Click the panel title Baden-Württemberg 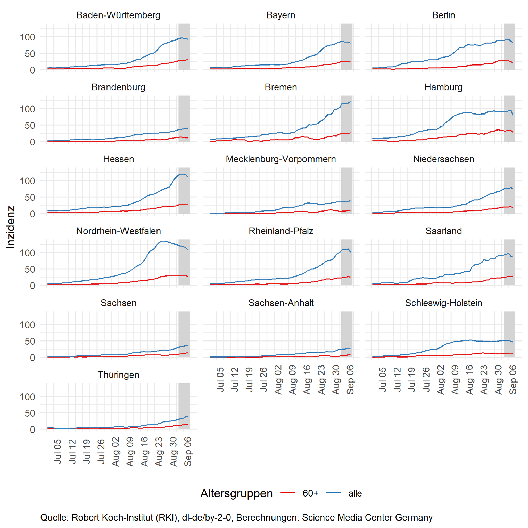point(118,15)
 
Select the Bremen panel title point(281,87)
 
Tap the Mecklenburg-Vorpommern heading point(281,159)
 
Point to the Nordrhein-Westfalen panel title point(118,231)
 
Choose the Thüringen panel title point(118,375)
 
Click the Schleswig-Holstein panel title point(443,303)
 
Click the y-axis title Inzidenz point(10,228)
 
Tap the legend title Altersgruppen point(236,493)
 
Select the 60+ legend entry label point(310,493)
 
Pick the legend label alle point(355,493)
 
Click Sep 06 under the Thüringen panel point(188,451)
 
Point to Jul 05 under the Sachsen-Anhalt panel point(220,379)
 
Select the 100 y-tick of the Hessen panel point(27,181)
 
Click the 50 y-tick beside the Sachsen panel point(30,341)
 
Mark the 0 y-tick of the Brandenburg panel point(32,142)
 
